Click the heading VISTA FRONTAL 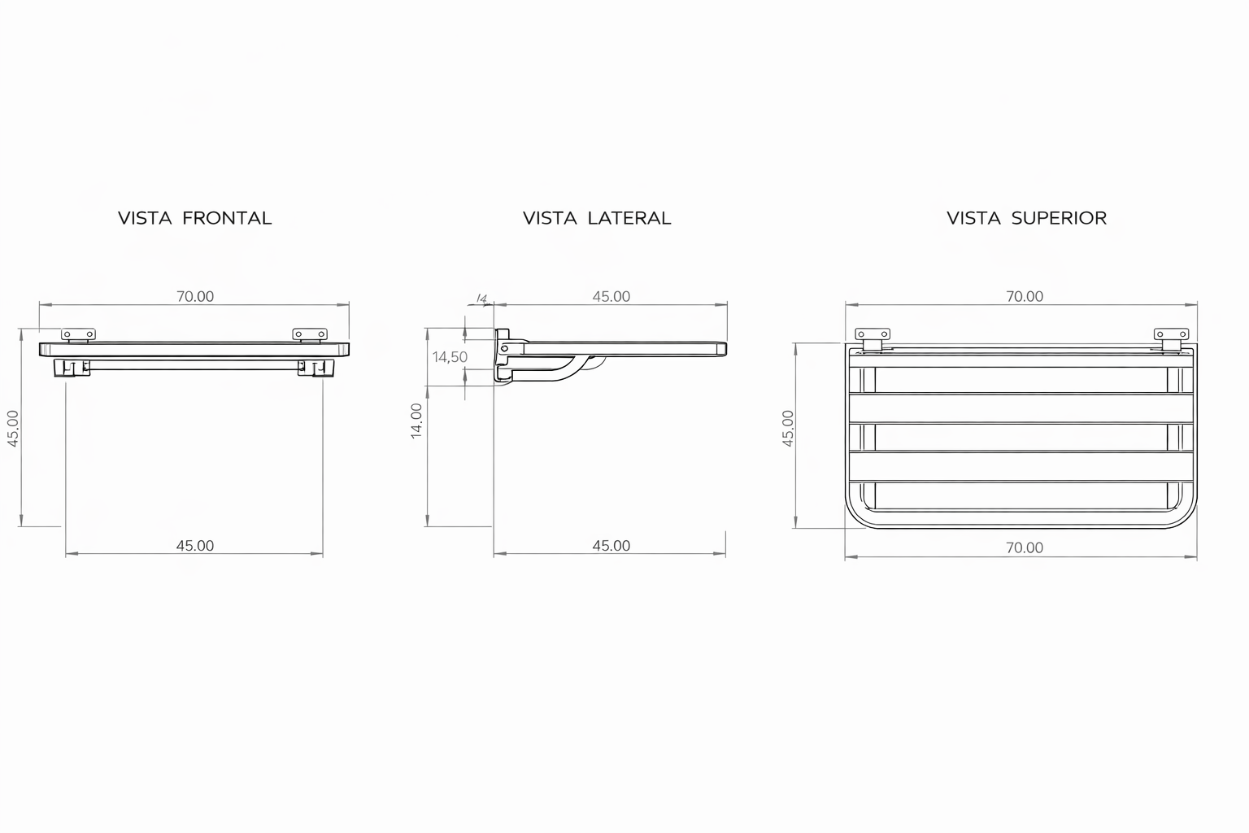tap(194, 218)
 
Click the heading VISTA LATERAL tap(597, 218)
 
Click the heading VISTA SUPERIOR tap(1026, 218)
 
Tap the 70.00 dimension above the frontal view tap(195, 296)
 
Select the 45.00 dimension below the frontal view tap(195, 546)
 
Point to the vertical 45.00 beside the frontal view tap(13, 429)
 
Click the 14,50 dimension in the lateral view tap(450, 357)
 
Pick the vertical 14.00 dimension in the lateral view tap(416, 421)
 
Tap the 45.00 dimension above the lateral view tap(611, 296)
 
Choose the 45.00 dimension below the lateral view tap(611, 546)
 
